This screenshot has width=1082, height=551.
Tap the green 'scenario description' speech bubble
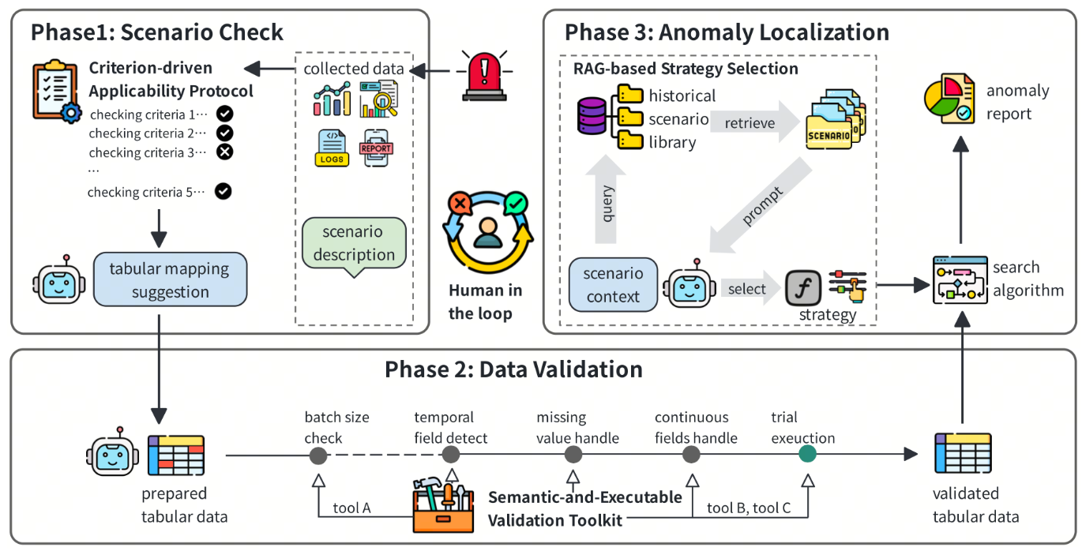(x=354, y=244)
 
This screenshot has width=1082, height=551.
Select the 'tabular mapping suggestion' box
(x=170, y=279)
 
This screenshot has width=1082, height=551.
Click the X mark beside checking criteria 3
(x=224, y=152)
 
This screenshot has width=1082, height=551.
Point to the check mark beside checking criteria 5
(x=224, y=191)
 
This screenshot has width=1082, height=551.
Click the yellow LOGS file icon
(x=332, y=148)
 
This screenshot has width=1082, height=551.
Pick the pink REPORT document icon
(x=376, y=148)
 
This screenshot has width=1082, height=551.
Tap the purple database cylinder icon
(x=592, y=116)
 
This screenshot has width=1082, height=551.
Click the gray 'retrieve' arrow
(x=754, y=122)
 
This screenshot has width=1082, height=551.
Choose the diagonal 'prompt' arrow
(x=761, y=206)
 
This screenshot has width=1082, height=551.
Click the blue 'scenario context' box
(x=613, y=285)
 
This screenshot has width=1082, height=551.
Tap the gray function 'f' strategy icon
(x=802, y=288)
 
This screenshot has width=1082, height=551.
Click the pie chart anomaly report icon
(x=949, y=99)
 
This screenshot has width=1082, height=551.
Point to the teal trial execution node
(x=808, y=454)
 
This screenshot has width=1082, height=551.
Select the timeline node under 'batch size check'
(x=318, y=455)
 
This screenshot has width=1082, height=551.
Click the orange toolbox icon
(x=443, y=504)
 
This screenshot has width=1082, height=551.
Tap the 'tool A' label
(x=351, y=508)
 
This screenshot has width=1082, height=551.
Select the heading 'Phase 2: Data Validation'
(x=513, y=369)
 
